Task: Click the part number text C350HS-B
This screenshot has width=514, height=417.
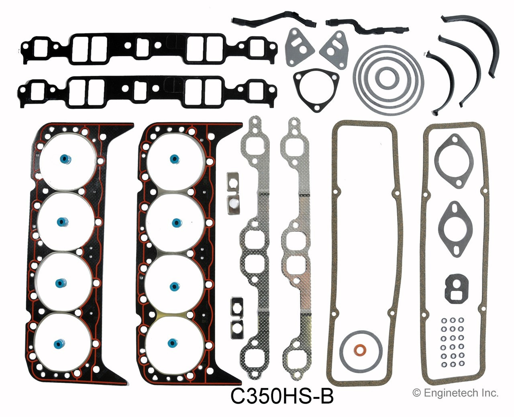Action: coord(281,397)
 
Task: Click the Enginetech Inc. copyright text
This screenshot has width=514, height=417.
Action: coord(455,393)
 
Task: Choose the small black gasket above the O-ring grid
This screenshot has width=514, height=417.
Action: coord(457,287)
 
